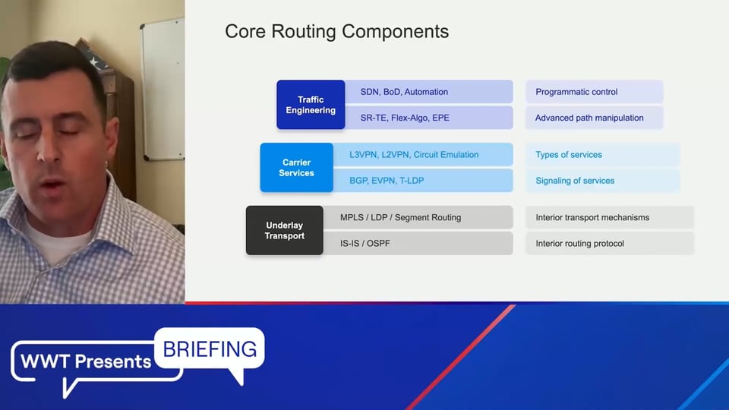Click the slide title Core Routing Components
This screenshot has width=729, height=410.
[x=336, y=32]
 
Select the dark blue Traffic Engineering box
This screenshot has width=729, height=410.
[x=311, y=105]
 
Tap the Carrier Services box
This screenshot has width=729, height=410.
[x=297, y=167]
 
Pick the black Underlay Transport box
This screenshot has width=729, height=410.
[x=285, y=230]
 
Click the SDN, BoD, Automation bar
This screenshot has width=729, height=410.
[x=428, y=92]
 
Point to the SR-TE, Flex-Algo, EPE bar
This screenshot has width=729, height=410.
[x=428, y=118]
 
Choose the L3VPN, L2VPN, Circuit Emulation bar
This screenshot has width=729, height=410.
[x=423, y=154]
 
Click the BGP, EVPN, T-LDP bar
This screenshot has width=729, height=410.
[x=423, y=181]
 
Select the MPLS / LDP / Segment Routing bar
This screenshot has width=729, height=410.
[x=418, y=217]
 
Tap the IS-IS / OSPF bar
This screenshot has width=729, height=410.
[x=418, y=243]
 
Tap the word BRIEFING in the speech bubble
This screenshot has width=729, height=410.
[x=210, y=349]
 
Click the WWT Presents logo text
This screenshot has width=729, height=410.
[x=86, y=361]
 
